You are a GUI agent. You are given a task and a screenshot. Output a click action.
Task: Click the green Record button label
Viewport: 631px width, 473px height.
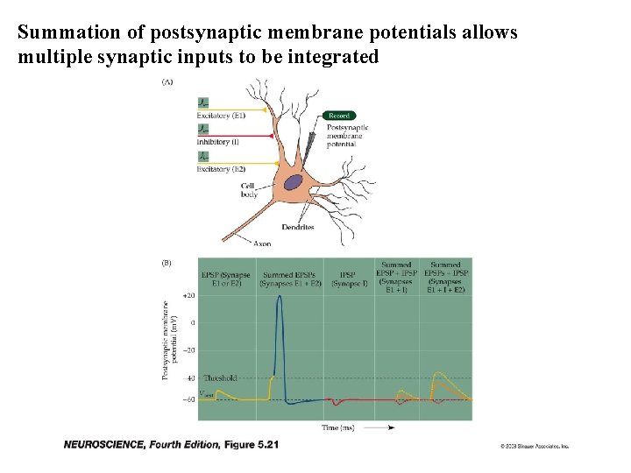point(338,116)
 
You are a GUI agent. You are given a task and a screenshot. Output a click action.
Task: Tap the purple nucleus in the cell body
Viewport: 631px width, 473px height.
point(293,184)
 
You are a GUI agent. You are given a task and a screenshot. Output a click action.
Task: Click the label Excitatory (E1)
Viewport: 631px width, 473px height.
point(221,116)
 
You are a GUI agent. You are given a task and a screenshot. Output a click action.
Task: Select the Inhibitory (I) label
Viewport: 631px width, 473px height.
point(218,142)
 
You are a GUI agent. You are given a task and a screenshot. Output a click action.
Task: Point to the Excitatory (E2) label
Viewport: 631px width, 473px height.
point(220,169)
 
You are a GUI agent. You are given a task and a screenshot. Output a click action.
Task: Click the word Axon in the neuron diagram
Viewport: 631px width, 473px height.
point(262,244)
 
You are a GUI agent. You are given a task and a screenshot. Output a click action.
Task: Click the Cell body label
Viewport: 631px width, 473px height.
point(250,189)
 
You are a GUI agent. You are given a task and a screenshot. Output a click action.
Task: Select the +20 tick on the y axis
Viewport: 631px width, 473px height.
point(188,296)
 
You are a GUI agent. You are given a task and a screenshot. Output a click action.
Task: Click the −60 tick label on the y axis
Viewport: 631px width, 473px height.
point(188,399)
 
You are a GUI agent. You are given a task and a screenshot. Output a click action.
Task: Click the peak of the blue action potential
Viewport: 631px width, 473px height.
point(280,297)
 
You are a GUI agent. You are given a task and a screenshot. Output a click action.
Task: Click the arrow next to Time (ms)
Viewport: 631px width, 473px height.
point(379,427)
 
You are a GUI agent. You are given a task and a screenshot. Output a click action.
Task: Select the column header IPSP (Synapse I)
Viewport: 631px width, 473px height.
point(349,279)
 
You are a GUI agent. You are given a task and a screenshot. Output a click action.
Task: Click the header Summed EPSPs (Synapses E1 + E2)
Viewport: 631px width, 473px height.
point(289,279)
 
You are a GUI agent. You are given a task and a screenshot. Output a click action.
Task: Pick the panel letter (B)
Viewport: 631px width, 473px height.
point(167,262)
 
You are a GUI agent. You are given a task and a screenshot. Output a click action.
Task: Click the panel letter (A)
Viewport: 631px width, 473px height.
point(167,82)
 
